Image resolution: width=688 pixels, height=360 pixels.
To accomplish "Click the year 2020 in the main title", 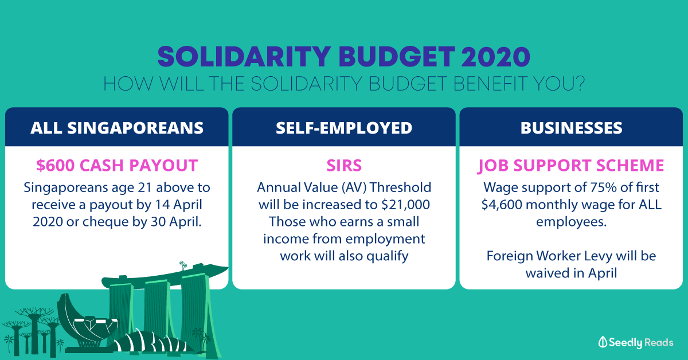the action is (495, 57).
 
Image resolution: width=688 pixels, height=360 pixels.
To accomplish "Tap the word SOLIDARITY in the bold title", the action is (244, 57).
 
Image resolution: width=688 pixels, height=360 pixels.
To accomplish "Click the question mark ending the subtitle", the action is (578, 83).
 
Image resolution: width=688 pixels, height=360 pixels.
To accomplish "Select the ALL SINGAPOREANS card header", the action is (117, 127).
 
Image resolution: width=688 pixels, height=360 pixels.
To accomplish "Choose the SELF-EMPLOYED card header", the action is (344, 127).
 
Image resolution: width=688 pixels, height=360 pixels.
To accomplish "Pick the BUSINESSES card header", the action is (571, 127).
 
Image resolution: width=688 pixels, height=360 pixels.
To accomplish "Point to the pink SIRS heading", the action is (344, 165).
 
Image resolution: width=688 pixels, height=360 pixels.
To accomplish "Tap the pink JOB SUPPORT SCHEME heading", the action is (571, 166).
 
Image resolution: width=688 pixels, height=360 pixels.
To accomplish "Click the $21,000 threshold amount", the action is (405, 205).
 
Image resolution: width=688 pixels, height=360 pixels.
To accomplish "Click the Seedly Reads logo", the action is (636, 342).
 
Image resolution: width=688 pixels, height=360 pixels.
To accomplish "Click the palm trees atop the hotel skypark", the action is (183, 265).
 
